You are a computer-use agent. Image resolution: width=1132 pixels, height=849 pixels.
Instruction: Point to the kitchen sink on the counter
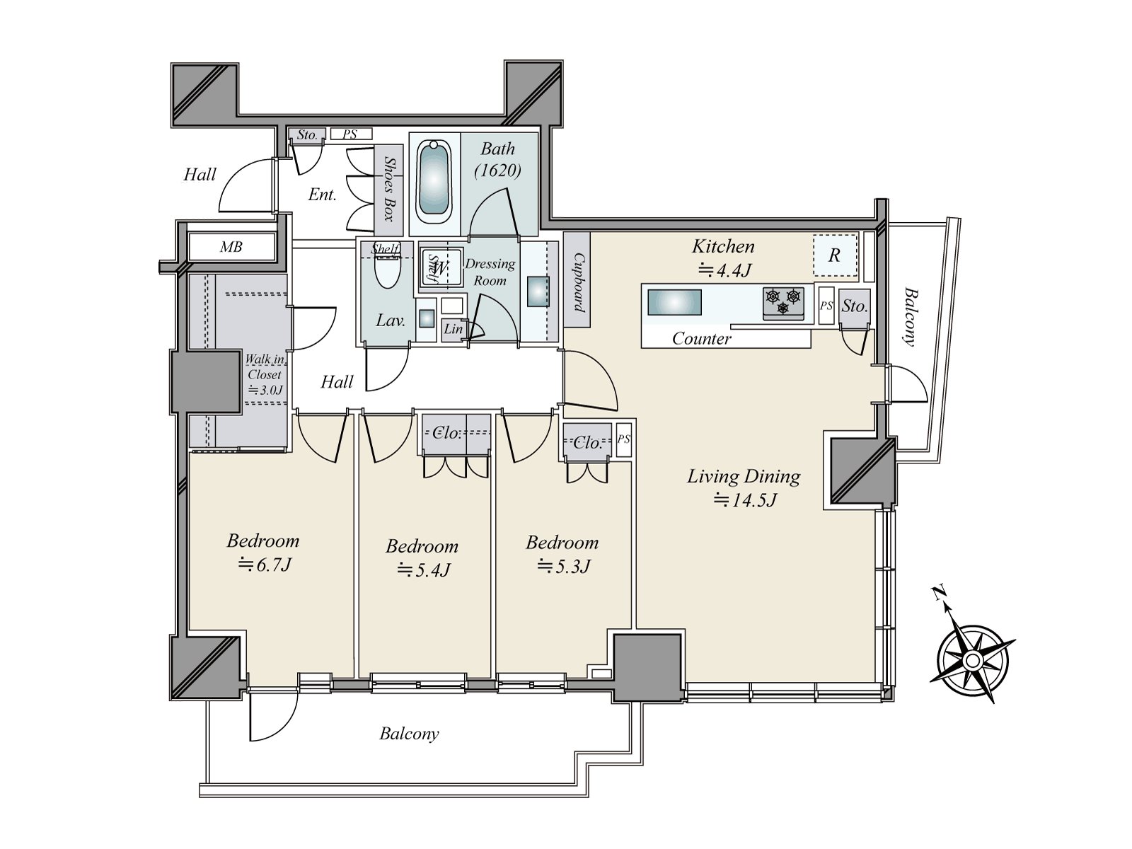click(x=674, y=302)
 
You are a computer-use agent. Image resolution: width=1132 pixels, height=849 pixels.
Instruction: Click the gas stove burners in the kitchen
click(x=783, y=301)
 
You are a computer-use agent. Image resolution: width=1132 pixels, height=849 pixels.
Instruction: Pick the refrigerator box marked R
click(x=836, y=255)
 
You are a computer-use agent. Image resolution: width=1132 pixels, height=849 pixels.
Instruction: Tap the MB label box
click(x=231, y=247)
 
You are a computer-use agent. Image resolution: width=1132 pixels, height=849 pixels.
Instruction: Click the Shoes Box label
click(x=390, y=189)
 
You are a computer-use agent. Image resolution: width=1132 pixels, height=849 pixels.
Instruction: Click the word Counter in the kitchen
click(x=701, y=339)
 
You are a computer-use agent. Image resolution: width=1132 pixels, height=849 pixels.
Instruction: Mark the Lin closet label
click(x=454, y=328)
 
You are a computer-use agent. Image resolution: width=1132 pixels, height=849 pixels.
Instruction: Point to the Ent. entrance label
click(x=323, y=195)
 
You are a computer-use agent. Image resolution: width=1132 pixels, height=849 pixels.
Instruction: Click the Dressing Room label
click(x=490, y=272)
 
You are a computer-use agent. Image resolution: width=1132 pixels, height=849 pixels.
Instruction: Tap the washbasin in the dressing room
click(x=538, y=291)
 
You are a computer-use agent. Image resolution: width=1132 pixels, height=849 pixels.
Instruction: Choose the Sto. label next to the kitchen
click(x=855, y=306)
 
